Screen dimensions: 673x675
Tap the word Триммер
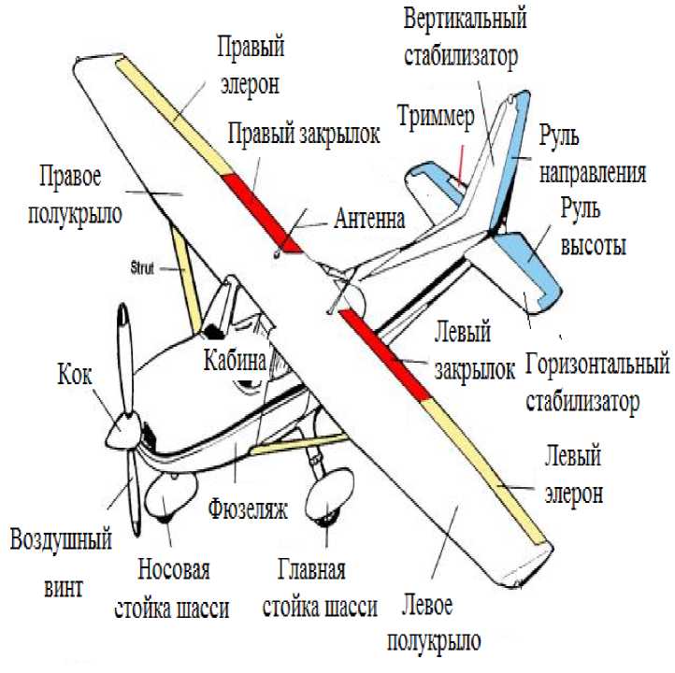[437, 118]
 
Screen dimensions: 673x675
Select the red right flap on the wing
[262, 208]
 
